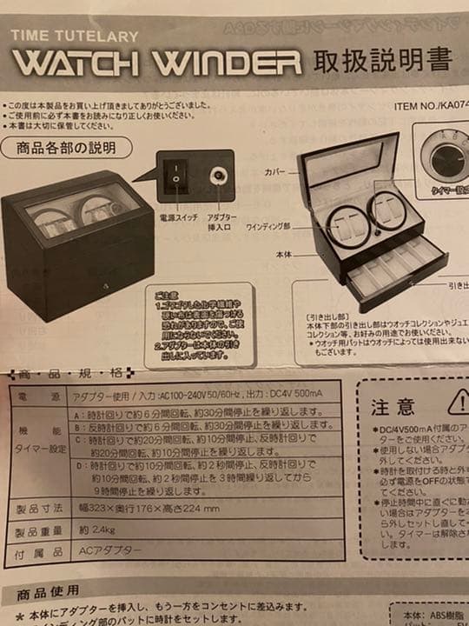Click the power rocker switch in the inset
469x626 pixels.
click(176, 176)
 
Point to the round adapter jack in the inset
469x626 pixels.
click(216, 176)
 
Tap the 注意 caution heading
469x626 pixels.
click(393, 406)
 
